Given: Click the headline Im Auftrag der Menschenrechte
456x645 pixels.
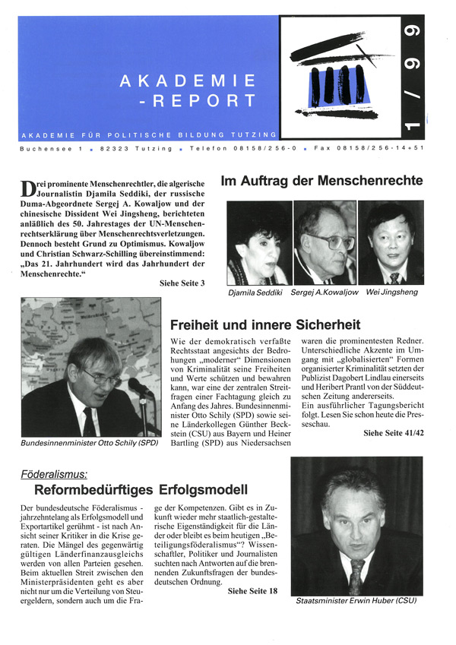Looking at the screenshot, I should [x=321, y=182].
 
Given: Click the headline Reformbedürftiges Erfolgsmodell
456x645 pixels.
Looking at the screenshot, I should [x=138, y=490].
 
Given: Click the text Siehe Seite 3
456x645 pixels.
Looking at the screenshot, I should [x=181, y=283].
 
